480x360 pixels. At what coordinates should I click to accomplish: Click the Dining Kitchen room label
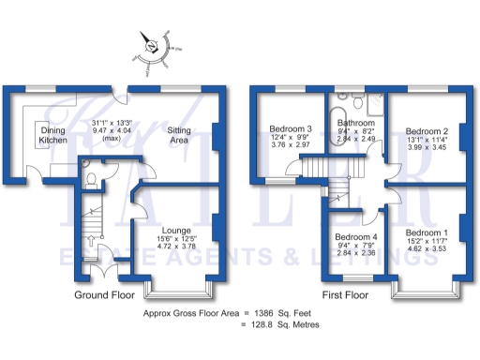(53, 135)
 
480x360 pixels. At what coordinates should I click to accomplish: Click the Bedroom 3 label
(290, 128)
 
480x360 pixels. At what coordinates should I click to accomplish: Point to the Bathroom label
(356, 123)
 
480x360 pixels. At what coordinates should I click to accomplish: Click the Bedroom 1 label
(427, 232)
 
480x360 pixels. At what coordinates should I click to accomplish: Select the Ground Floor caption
(105, 295)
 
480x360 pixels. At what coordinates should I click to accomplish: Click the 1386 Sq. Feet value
(279, 310)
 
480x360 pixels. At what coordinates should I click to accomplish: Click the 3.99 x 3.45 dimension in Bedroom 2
(427, 151)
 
